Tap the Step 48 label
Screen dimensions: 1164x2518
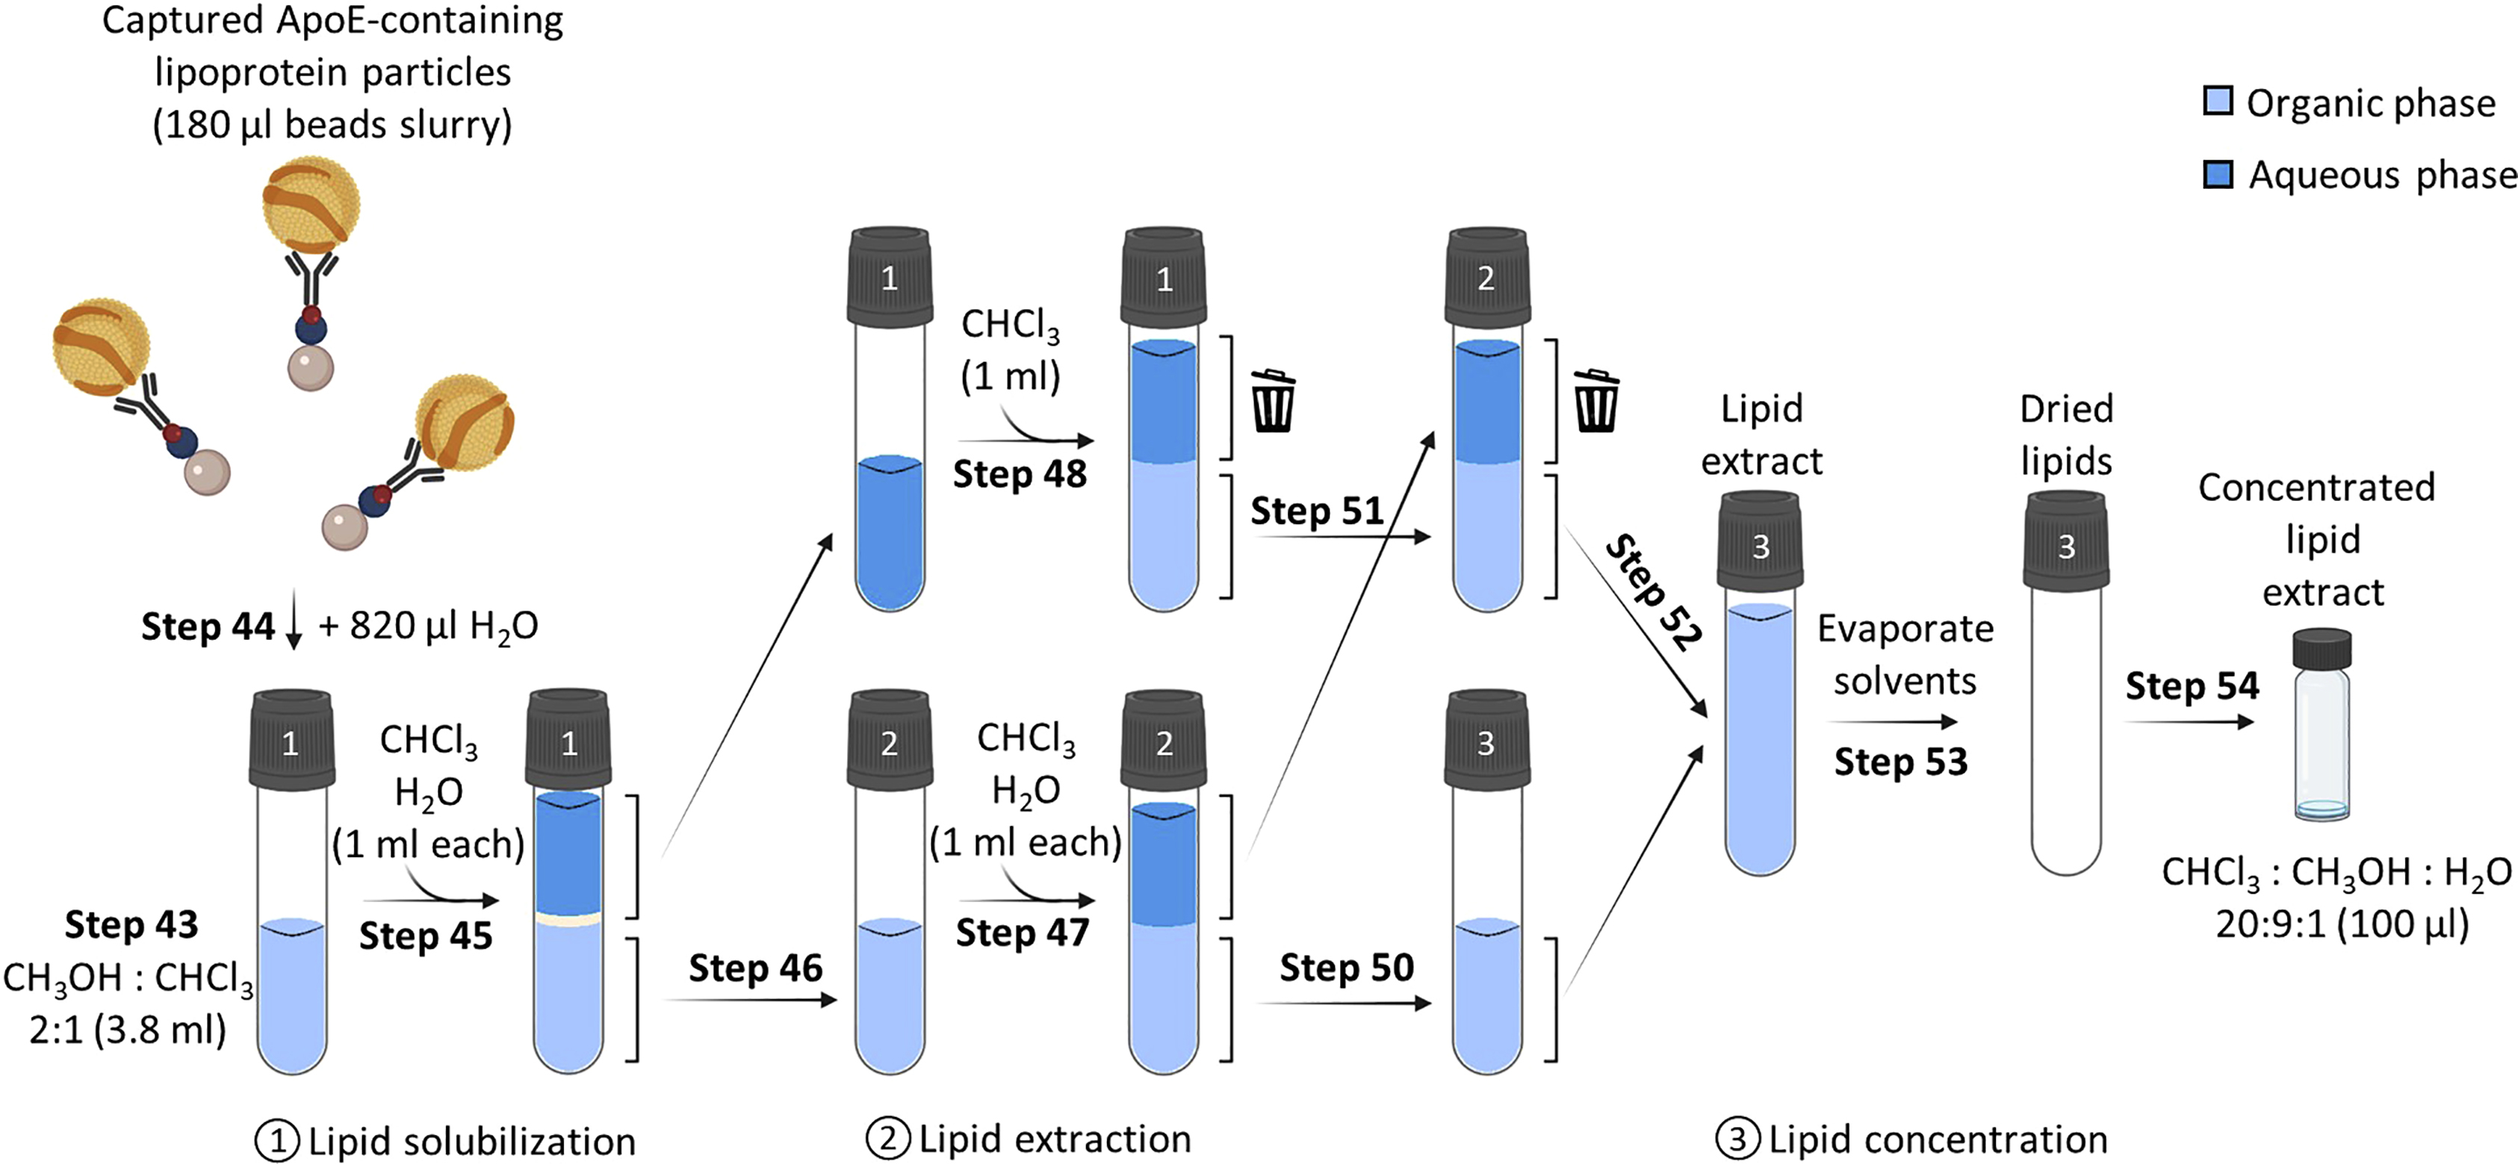coord(1020,475)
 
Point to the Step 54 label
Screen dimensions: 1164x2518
coord(2192,686)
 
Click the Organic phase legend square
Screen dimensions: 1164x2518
coord(2217,102)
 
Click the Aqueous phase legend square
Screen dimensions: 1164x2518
coord(2217,175)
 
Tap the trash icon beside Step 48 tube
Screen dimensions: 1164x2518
coord(1273,401)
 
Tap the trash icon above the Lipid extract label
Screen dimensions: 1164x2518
coord(1596,401)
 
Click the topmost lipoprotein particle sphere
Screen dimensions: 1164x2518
coord(311,205)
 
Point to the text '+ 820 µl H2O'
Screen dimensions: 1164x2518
coord(428,626)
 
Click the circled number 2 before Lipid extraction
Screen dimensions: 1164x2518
coord(887,1139)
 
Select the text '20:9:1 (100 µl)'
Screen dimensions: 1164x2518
coord(2342,924)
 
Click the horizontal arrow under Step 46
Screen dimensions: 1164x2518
coord(751,1000)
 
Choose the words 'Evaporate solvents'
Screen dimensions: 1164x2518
coord(1904,655)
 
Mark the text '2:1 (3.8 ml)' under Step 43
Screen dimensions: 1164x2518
coord(127,1029)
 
